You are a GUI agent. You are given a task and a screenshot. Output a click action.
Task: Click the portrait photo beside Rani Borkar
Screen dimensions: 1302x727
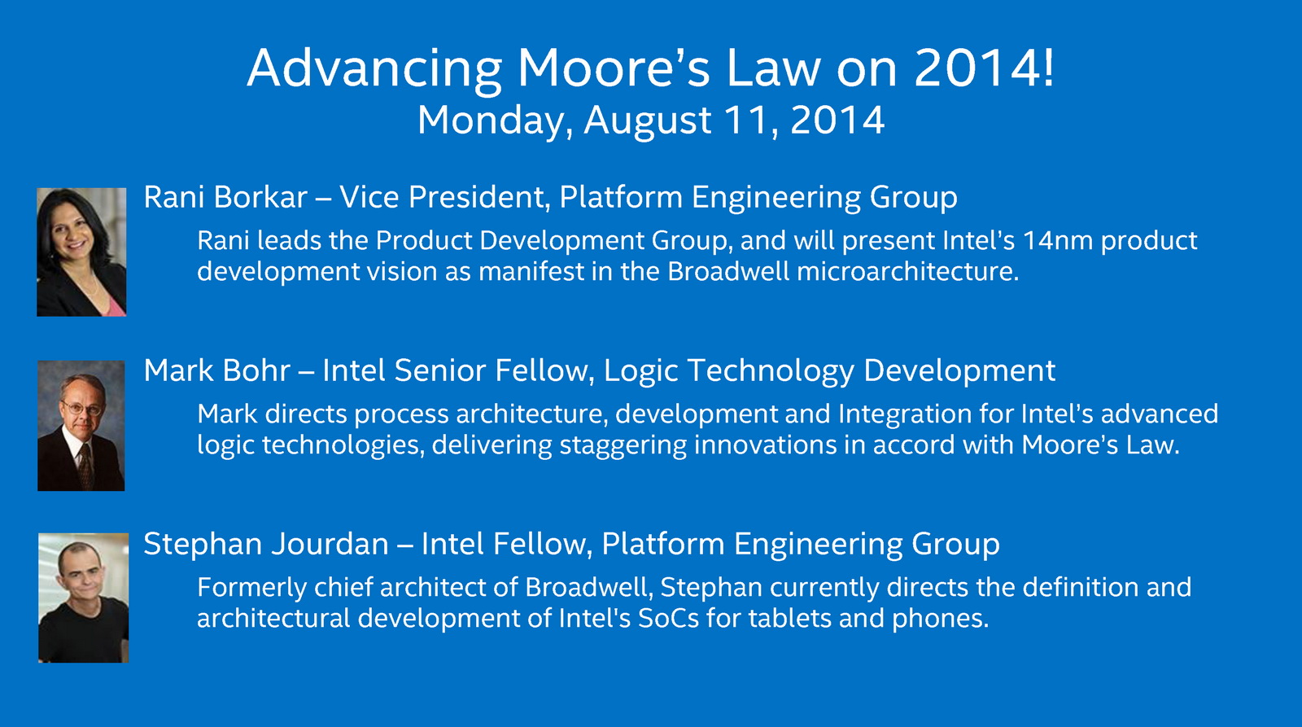[x=81, y=252]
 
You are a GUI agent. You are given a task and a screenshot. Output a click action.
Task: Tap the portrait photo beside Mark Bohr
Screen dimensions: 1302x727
[x=81, y=425]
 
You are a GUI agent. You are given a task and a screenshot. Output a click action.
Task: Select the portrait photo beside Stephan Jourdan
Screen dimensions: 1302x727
[x=84, y=598]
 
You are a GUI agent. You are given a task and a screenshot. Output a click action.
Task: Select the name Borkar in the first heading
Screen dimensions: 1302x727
[x=260, y=196]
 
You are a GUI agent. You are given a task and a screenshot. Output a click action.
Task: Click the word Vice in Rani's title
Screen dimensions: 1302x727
[x=369, y=196]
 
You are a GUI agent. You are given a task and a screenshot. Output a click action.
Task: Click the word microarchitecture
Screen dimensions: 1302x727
[x=908, y=272]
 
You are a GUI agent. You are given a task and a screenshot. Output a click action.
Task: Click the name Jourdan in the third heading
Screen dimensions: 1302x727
[x=330, y=545]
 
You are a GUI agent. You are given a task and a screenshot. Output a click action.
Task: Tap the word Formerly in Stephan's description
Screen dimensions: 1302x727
[x=252, y=588]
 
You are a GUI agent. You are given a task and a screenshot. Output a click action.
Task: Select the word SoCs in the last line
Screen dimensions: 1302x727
[x=668, y=618]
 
